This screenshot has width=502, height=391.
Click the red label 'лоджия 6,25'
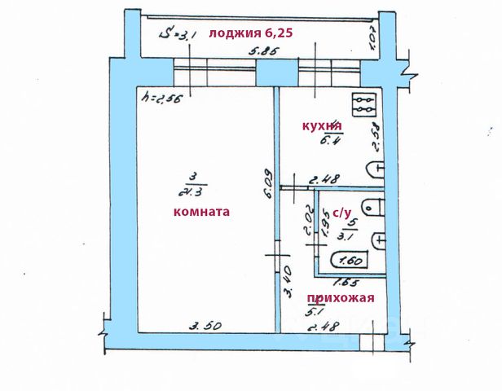250,33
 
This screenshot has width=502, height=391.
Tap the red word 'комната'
202,211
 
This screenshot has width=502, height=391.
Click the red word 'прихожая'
340,297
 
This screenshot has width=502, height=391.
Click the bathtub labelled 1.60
350,261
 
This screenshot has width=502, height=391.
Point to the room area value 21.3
190,192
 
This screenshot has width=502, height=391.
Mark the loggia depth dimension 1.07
371,37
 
